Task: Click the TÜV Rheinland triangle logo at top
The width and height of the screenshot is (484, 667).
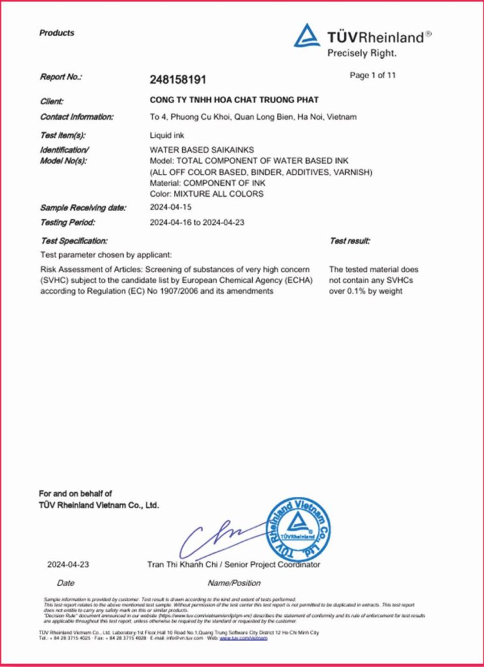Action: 307,36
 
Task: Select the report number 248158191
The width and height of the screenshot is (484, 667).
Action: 178,79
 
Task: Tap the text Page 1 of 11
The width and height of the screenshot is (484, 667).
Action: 373,76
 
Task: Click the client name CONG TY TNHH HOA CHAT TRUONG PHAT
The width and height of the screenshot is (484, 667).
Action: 235,100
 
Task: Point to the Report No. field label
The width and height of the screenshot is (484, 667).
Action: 61,77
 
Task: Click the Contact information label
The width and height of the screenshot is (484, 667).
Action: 77,117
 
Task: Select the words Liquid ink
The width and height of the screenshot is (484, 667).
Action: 167,135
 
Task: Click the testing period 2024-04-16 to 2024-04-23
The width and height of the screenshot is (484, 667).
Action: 201,223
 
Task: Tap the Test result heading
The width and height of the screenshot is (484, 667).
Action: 350,241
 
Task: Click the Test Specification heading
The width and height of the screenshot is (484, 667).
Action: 74,241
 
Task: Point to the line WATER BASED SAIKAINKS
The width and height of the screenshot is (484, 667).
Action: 197,150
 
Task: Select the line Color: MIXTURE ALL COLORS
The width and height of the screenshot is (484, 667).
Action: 206,193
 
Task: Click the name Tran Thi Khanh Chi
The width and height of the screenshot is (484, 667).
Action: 179,565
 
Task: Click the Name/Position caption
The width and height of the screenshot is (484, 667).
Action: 234,583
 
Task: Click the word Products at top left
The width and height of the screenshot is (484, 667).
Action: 57,33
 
